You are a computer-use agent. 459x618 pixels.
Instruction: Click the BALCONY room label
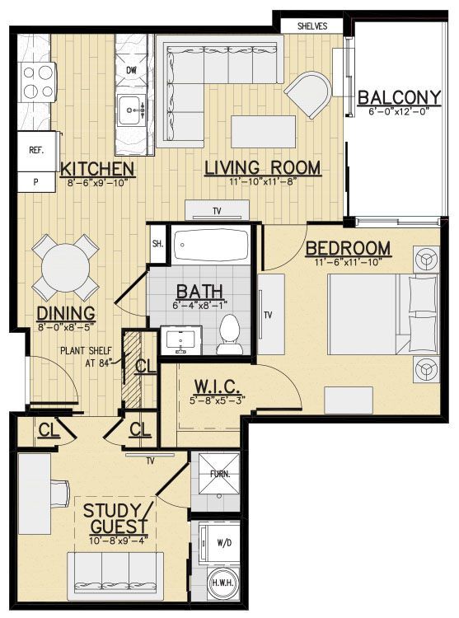400,98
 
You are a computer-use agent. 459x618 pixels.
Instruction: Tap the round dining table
65,266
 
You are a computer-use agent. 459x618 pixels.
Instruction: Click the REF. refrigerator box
36,151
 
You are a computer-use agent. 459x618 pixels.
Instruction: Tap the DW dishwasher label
131,70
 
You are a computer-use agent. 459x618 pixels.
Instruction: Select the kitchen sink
131,107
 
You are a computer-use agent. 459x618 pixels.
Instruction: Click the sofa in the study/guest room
114,570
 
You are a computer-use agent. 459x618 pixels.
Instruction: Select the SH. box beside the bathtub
158,243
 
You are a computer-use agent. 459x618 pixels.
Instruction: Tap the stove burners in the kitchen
36,81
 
